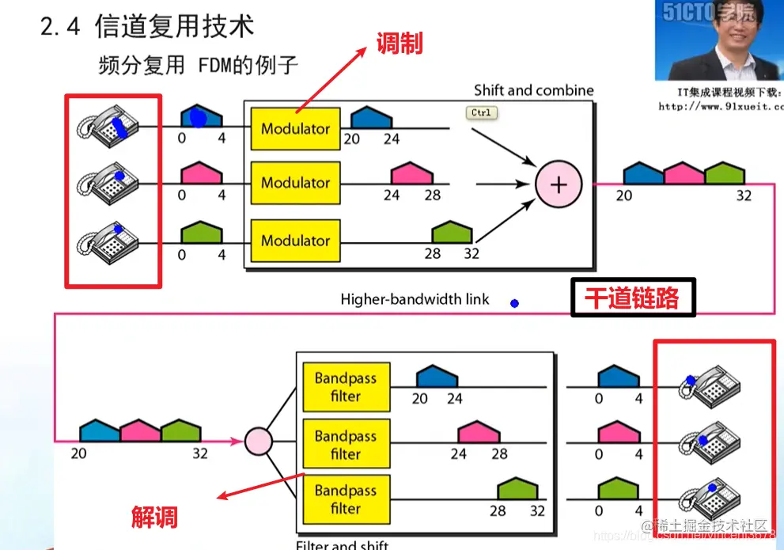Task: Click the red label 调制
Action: click(400, 43)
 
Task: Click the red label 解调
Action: click(154, 518)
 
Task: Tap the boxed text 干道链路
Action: click(632, 298)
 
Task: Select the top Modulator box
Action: click(296, 128)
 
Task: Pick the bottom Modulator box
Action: click(296, 240)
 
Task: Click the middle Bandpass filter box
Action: click(346, 446)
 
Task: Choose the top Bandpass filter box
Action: click(346, 387)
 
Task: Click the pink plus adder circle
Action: click(559, 184)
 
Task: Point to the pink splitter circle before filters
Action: click(258, 440)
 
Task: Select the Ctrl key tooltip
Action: click(481, 113)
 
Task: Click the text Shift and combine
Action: click(533, 90)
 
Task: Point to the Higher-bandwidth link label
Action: click(415, 299)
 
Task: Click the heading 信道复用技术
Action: click(174, 26)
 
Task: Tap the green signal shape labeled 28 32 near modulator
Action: click(452, 233)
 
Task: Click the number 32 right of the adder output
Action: click(743, 195)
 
